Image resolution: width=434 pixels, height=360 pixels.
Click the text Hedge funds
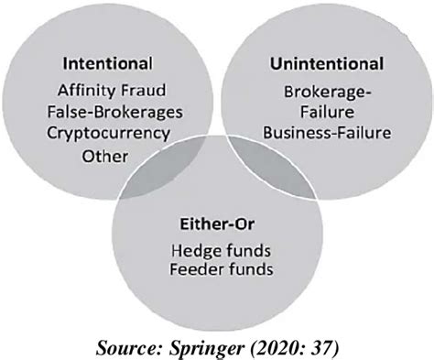(217, 251)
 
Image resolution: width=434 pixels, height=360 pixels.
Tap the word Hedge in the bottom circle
(192, 251)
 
